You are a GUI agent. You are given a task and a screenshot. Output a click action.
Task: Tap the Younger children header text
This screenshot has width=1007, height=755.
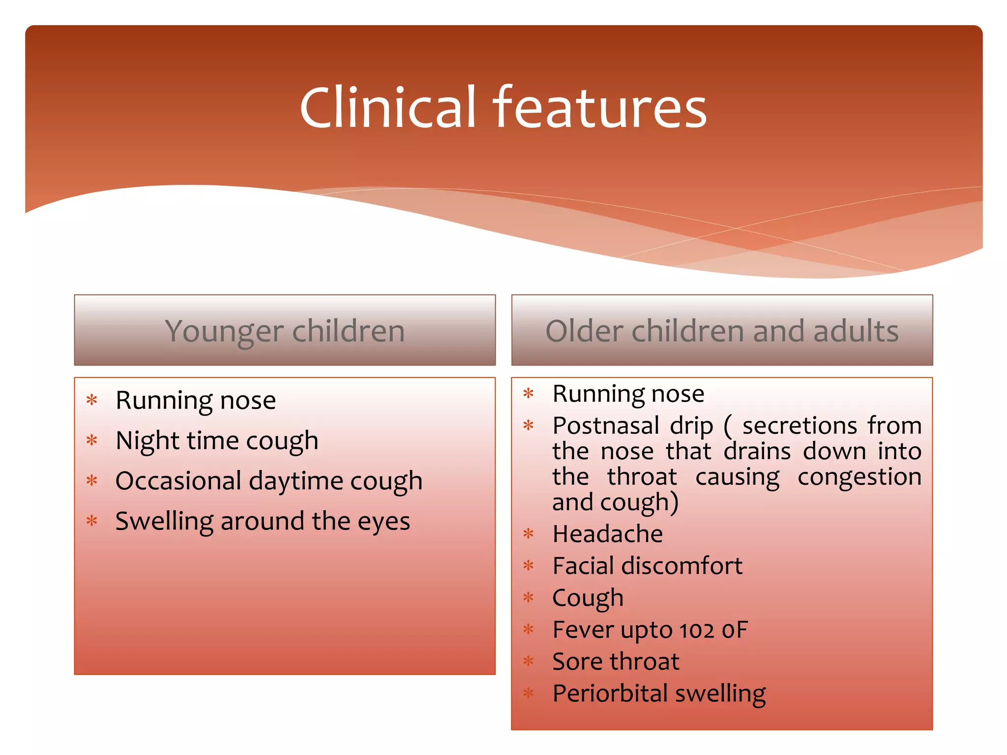[x=285, y=331]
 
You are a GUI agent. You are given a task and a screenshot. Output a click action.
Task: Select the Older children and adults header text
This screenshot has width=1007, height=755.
[x=722, y=331]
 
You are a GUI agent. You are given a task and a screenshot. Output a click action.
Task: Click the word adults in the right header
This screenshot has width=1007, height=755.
[x=856, y=331]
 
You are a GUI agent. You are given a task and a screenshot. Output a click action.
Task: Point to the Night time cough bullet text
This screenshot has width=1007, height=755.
[x=217, y=440]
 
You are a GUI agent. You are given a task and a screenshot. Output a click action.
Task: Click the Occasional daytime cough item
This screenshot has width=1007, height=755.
[x=268, y=481]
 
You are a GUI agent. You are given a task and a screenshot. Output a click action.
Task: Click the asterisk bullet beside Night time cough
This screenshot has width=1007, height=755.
[x=92, y=440]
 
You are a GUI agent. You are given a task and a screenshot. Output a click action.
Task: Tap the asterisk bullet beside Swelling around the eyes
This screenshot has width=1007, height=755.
[x=92, y=521]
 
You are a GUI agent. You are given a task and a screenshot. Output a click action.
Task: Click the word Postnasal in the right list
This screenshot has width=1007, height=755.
[x=606, y=426]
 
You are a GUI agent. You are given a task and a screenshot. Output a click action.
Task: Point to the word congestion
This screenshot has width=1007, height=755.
[x=859, y=477]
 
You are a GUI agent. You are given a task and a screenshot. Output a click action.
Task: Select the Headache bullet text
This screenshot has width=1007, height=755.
[x=607, y=534]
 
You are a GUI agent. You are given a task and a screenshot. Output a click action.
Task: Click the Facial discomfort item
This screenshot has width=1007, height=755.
[x=647, y=566]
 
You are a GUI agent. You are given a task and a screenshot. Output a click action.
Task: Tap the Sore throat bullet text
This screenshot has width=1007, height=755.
[x=616, y=662]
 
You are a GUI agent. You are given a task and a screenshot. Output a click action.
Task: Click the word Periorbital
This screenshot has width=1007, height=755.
[x=609, y=694]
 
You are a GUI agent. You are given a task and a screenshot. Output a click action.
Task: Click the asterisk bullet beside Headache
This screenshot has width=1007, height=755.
[x=529, y=534]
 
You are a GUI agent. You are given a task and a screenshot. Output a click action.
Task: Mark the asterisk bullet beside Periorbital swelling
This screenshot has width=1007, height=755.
[x=529, y=694]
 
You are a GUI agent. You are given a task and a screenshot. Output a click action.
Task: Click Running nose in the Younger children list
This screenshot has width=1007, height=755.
[x=195, y=401]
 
